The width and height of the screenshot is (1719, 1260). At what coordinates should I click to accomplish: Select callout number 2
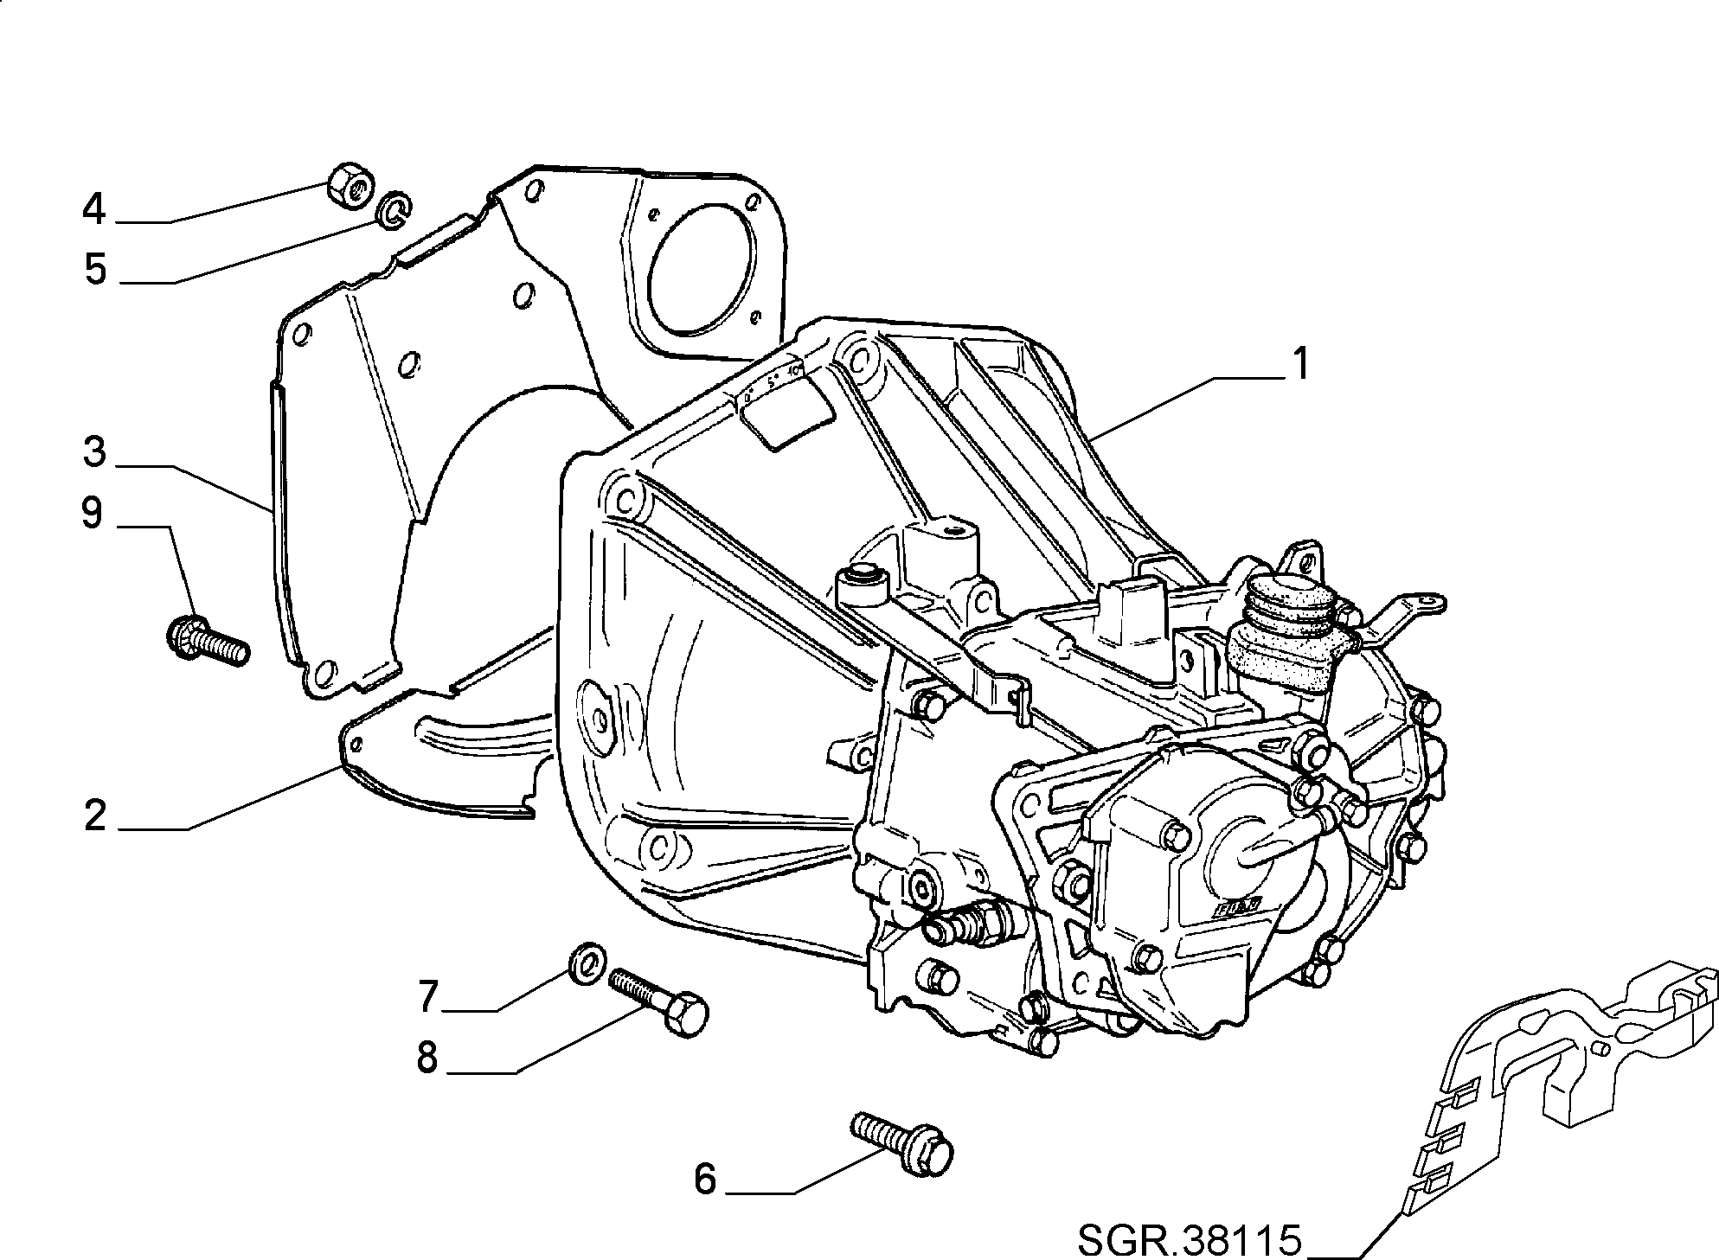(x=95, y=815)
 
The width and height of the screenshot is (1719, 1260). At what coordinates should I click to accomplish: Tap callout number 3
(x=95, y=452)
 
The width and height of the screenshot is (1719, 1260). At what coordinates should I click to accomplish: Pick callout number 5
(x=95, y=269)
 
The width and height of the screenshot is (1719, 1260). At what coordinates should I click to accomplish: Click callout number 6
(x=706, y=1179)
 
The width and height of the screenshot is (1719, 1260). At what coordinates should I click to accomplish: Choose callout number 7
(x=430, y=996)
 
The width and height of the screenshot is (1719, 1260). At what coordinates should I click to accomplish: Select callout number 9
(x=92, y=514)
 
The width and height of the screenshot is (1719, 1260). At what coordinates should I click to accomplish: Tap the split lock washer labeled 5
(x=394, y=210)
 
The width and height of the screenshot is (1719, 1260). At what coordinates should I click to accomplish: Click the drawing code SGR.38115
(x=1190, y=1240)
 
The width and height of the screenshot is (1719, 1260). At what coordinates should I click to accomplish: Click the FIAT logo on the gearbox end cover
(x=1238, y=908)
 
